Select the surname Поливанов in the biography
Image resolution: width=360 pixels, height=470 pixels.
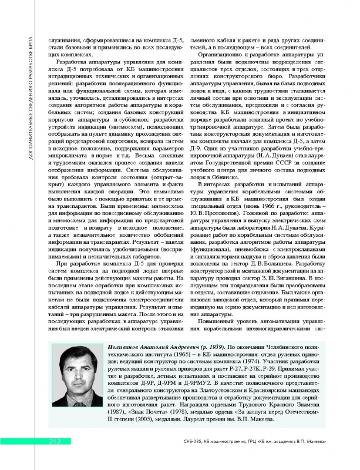[127, 349]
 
